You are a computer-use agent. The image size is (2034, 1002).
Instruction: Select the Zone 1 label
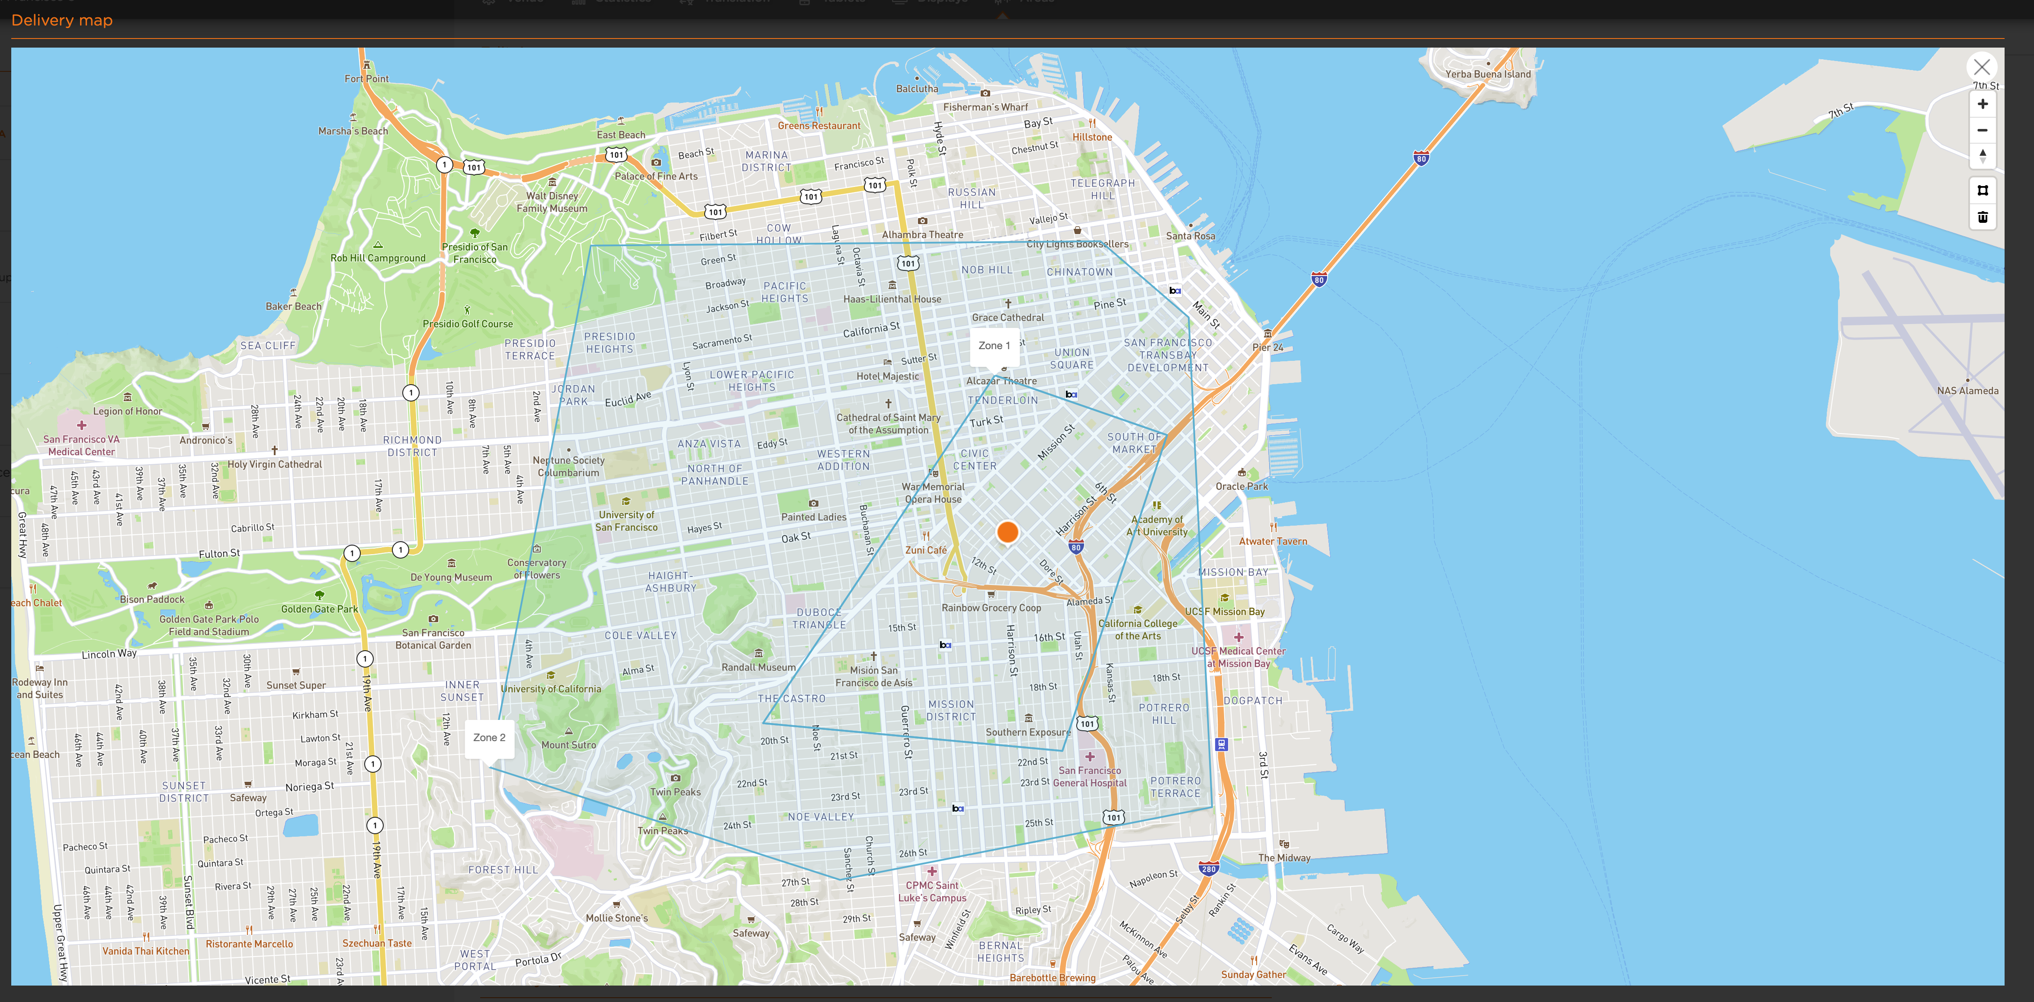tap(993, 346)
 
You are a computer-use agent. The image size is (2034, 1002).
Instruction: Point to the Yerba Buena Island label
tap(1488, 74)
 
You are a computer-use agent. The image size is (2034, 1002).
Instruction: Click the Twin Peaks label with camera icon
tap(675, 792)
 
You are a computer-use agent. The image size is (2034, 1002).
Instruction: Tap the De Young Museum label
tap(451, 577)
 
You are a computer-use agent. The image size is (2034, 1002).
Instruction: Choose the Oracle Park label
tap(1241, 486)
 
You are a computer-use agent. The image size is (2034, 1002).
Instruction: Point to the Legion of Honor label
tap(127, 411)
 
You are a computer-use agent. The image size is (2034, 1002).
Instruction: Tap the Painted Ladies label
tap(813, 517)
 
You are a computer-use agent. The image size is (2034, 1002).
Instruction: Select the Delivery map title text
tap(61, 20)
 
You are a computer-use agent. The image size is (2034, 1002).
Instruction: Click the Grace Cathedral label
tap(1007, 318)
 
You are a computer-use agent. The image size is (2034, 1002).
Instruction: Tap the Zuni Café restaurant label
tap(925, 550)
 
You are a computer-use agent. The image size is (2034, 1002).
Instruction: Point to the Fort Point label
tap(366, 79)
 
